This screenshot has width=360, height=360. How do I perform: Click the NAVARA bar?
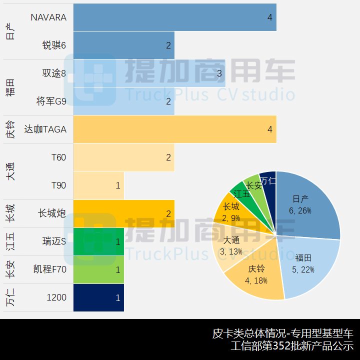pyautogui.click(x=174, y=17)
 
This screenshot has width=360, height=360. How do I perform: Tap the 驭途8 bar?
pyautogui.click(x=149, y=73)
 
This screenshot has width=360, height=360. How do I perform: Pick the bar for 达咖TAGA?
pyautogui.click(x=174, y=129)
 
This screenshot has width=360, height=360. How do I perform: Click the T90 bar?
pyautogui.click(x=98, y=185)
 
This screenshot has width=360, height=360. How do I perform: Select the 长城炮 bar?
pyautogui.click(x=123, y=213)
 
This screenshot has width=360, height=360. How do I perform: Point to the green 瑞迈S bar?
pyautogui.click(x=98, y=241)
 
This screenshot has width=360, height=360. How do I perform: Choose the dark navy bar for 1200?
pyautogui.click(x=98, y=297)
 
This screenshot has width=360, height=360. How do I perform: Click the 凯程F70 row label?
pyautogui.click(x=49, y=269)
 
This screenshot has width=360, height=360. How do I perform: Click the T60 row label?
pyautogui.click(x=58, y=157)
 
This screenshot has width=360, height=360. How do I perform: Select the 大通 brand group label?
pyautogui.click(x=10, y=171)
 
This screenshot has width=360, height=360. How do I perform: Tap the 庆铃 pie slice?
pyautogui.click(x=255, y=275)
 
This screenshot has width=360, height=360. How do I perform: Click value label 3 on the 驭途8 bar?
pyautogui.click(x=219, y=73)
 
